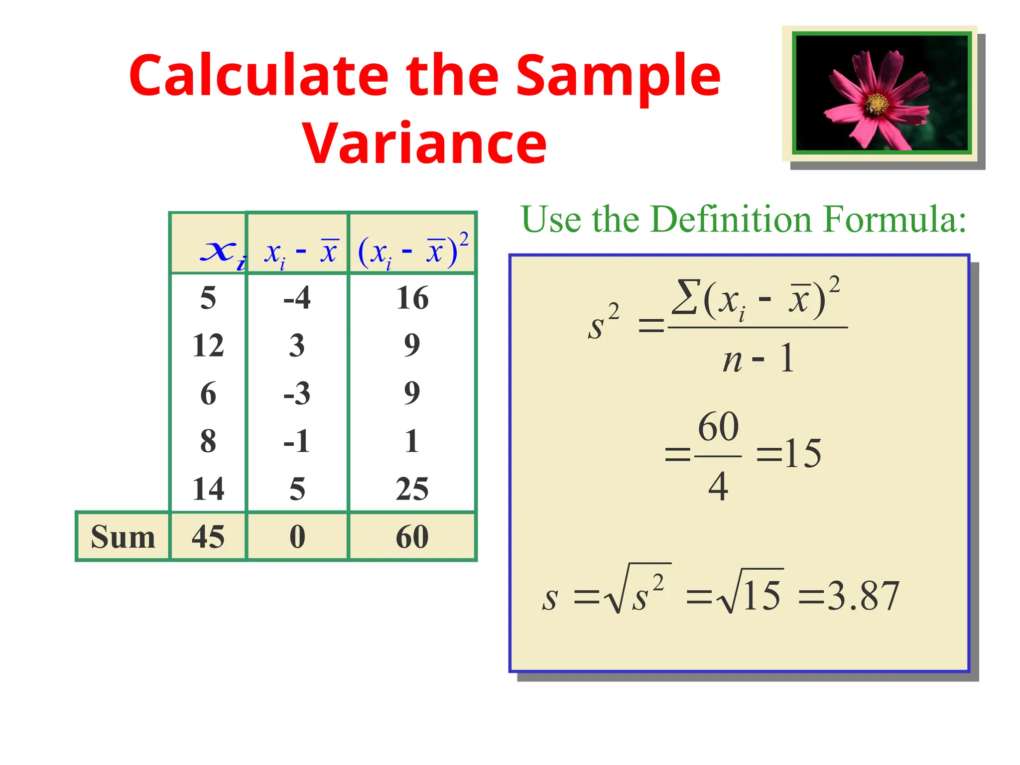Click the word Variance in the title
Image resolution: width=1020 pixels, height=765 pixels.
(424, 144)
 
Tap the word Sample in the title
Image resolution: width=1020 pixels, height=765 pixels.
(618, 76)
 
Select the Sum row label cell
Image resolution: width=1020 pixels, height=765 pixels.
(123, 537)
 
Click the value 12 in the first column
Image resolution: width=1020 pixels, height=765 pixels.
(208, 345)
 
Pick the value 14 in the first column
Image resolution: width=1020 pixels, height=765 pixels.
(208, 489)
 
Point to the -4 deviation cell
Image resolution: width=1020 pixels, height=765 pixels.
(297, 298)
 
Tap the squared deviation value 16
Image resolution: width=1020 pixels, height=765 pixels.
(412, 298)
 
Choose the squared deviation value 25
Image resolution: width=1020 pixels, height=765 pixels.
(412, 489)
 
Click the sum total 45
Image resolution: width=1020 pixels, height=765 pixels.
(208, 537)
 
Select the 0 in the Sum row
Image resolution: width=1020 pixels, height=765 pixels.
(297, 537)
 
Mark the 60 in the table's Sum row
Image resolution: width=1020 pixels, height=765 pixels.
(412, 537)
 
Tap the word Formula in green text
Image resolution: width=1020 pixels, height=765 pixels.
(894, 219)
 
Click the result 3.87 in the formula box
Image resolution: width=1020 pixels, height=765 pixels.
(863, 596)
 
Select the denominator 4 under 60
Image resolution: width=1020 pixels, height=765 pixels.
(718, 486)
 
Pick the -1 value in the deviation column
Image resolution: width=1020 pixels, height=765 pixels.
(297, 441)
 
